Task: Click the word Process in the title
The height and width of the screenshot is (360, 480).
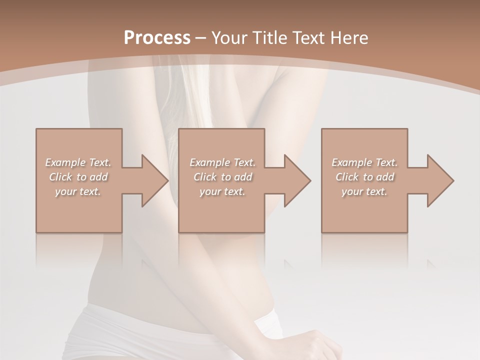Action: point(157,38)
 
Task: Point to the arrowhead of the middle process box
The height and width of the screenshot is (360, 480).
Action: point(296,180)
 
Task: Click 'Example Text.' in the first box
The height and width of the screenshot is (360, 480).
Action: point(78,162)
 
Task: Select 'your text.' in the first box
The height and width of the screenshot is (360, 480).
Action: point(78,191)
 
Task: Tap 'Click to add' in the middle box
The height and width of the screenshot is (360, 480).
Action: point(222,177)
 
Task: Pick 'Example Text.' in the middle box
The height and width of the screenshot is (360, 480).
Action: point(222,162)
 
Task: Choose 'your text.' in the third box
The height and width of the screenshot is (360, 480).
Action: point(364,191)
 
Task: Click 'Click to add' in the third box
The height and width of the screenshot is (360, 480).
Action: point(364,177)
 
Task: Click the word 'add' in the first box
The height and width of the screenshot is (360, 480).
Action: point(99,177)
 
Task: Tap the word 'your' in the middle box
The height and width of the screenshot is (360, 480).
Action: point(210,191)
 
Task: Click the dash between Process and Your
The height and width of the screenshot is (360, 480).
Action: point(201,38)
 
